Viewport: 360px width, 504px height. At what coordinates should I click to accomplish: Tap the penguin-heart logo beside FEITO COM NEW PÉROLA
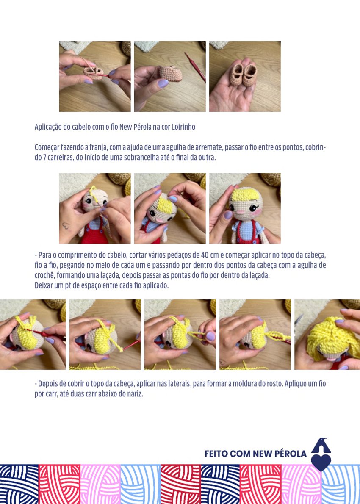click(x=321, y=454)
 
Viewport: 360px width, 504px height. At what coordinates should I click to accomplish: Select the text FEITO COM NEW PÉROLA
click(x=255, y=454)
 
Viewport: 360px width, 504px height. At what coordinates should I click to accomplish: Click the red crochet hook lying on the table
click(x=195, y=67)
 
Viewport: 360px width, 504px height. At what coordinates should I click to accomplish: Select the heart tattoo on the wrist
click(x=66, y=226)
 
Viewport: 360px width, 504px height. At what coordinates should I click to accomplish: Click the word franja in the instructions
click(x=98, y=147)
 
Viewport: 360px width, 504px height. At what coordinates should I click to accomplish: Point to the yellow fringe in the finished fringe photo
click(x=246, y=195)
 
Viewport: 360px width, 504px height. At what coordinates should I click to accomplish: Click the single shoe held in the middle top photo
click(x=171, y=73)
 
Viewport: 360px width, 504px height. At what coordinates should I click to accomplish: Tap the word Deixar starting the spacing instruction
click(x=44, y=286)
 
